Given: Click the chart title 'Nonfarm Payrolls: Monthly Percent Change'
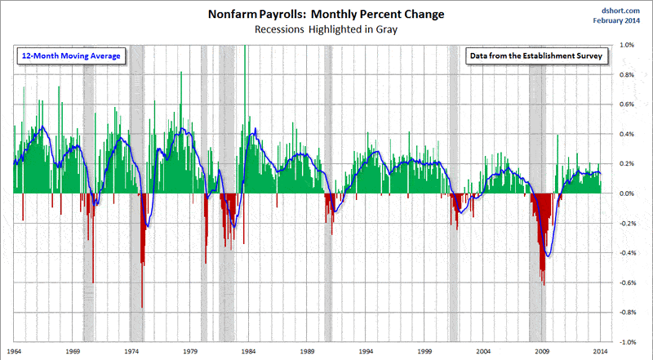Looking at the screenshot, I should tap(326, 13).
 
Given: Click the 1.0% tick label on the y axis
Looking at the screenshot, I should tap(626, 46).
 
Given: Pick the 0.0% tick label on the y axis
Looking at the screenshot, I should tap(626, 193).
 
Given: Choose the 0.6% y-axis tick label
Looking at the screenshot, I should tap(626, 104).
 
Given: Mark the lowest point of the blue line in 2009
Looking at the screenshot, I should tap(549, 257).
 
